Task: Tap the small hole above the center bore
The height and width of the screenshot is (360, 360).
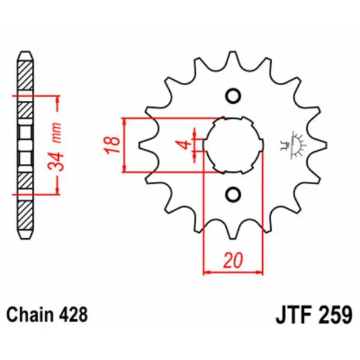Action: click(233, 96)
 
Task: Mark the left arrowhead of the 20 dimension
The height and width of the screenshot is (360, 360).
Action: click(207, 272)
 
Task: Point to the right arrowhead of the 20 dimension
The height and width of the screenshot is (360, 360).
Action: click(260, 272)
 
